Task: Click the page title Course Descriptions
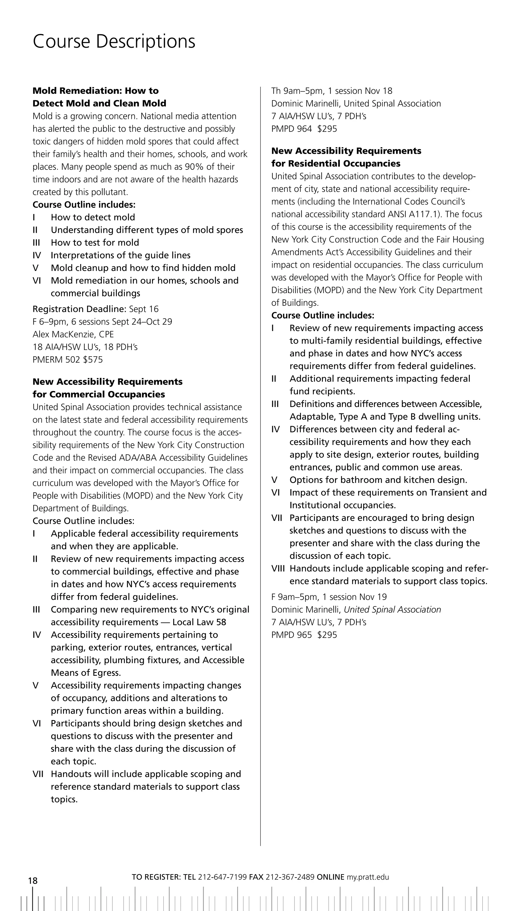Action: pos(114,41)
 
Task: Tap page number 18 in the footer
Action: pos(33,880)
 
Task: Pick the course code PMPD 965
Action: pos(291,635)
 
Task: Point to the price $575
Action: pos(93,360)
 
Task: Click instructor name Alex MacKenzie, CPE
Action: pos(73,334)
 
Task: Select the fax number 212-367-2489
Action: pos(290,877)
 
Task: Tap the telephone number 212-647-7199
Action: pos(222,877)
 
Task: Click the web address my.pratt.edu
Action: pos(368,877)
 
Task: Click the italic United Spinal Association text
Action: pos(392,610)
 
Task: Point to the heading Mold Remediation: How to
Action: pos(96,91)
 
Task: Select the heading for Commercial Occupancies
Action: pos(99,394)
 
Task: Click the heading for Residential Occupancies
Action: pos(336,163)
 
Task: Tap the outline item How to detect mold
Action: pos(93,217)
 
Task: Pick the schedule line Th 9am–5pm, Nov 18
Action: pos(331,91)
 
